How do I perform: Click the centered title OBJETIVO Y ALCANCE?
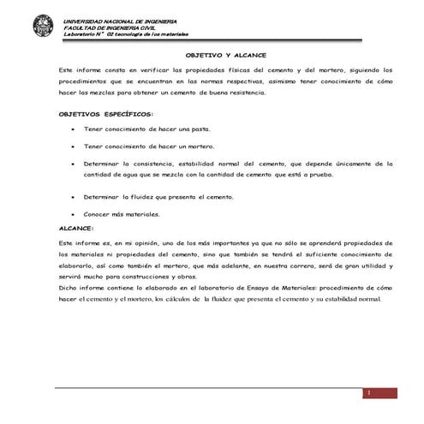[211, 51]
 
